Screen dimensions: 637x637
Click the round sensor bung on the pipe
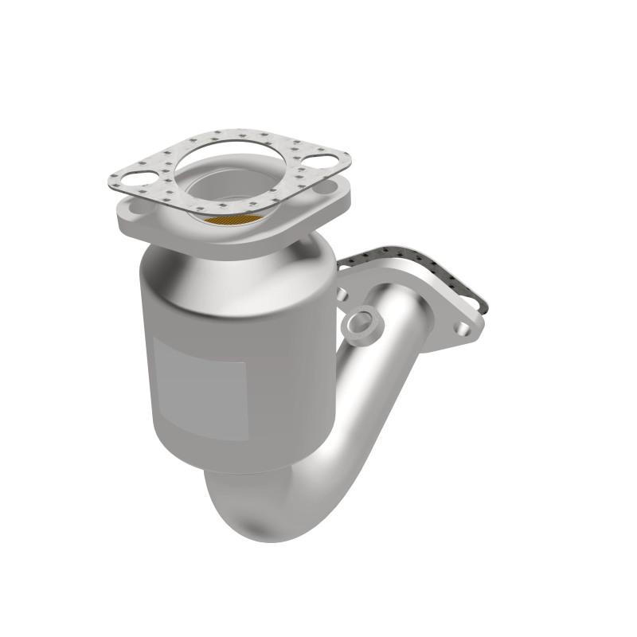tap(360, 322)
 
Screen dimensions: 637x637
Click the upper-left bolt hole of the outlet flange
tap(342, 294)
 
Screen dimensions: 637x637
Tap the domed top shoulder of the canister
tap(223, 263)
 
